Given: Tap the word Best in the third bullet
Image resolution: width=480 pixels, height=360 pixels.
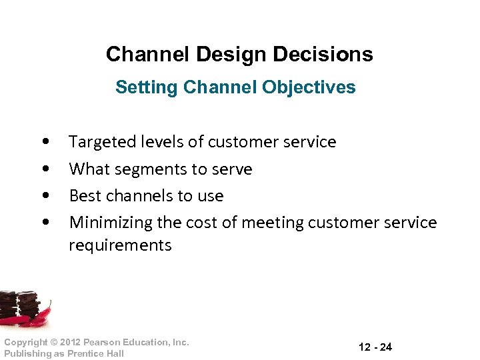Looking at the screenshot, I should [84, 196].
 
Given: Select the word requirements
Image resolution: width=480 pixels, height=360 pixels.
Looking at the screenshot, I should [120, 245].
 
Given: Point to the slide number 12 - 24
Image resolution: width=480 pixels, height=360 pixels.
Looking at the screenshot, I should [375, 347].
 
